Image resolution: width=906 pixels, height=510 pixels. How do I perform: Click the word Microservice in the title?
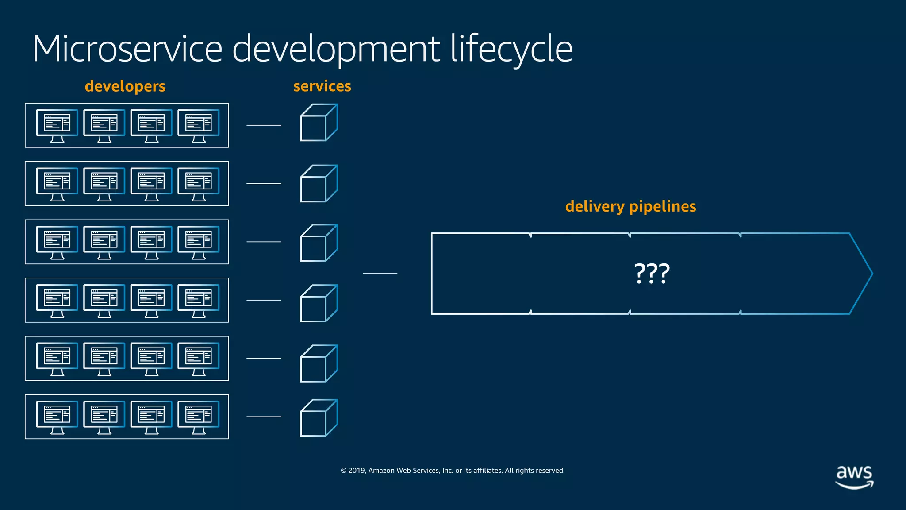pos(127,49)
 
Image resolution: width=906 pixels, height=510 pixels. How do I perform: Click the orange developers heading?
pos(125,86)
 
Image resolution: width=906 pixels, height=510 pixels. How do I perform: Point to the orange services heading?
pos(322,86)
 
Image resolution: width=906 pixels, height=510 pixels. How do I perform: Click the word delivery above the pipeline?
pos(595,207)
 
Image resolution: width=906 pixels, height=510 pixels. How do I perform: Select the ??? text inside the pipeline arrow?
pos(652,274)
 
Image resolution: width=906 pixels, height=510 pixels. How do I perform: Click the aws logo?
pos(854,476)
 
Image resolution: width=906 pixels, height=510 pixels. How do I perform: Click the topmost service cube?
pos(319,123)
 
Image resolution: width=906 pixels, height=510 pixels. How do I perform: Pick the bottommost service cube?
pos(319,418)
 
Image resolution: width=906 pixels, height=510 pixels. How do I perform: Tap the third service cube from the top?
pos(319,243)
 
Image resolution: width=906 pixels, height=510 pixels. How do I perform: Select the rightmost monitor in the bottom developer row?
pos(198,417)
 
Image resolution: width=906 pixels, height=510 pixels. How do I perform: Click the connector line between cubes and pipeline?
pos(380,274)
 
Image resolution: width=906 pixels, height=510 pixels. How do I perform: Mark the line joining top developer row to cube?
pos(264,125)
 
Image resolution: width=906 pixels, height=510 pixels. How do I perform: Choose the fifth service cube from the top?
pos(319,363)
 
